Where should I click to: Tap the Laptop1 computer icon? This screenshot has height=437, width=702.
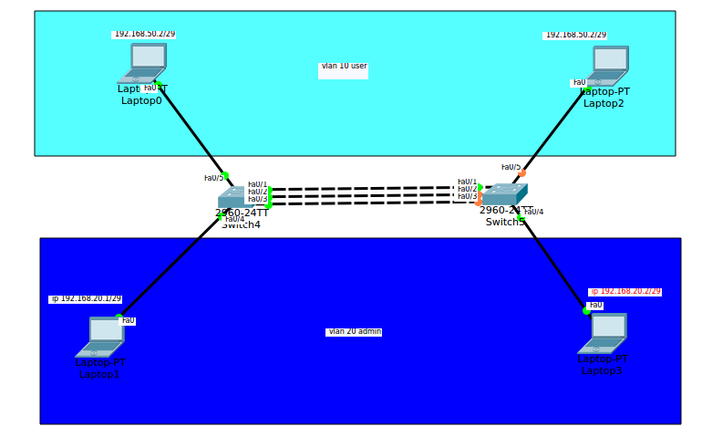click(101, 336)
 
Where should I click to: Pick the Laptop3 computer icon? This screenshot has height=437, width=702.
click(604, 333)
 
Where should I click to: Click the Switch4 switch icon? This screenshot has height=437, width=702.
click(232, 198)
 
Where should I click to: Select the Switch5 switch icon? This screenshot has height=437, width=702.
click(503, 194)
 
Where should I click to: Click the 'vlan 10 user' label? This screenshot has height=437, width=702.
click(344, 67)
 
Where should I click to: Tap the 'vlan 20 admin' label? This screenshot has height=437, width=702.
click(354, 332)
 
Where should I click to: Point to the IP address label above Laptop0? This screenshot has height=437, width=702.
click(143, 35)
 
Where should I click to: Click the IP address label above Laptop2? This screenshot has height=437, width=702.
click(575, 35)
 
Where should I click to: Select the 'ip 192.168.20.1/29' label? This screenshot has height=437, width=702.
click(86, 299)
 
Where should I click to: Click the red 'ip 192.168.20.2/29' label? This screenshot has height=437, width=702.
click(625, 292)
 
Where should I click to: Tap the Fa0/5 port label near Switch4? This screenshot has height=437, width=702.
click(213, 178)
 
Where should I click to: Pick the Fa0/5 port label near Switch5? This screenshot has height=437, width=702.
click(511, 167)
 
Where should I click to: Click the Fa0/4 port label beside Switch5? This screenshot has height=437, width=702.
click(534, 212)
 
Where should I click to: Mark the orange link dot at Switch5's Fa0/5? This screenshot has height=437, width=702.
click(522, 173)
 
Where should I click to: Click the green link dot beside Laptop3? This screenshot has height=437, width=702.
click(586, 311)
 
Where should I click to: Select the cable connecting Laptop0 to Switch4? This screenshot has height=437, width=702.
click(191, 129)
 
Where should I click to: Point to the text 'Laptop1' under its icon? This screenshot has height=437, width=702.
click(99, 375)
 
